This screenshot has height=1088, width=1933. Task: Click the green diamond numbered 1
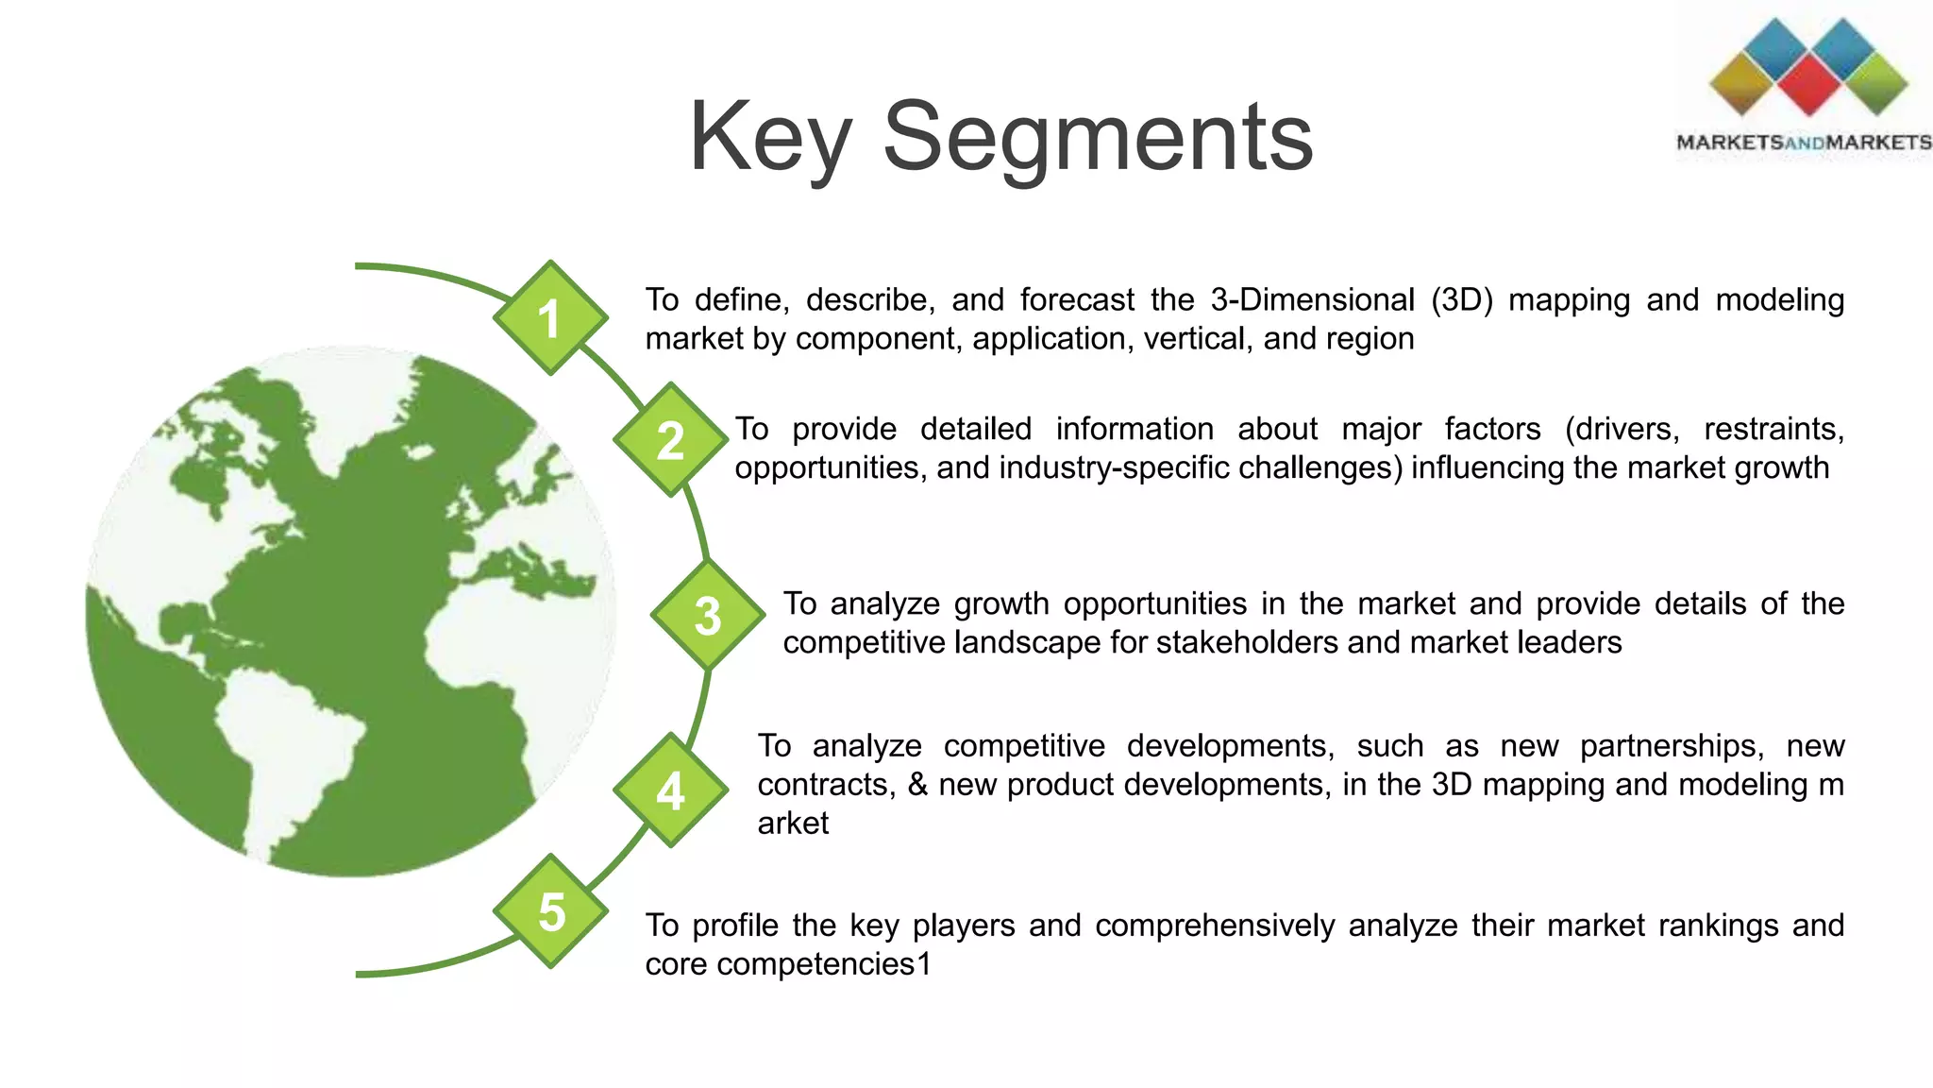[x=550, y=318]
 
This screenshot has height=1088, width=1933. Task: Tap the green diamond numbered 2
[x=670, y=440]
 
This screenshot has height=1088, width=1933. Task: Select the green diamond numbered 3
[x=708, y=615]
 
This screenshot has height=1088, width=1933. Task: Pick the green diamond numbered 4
[x=670, y=790]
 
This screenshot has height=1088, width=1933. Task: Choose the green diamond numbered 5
[x=550, y=911]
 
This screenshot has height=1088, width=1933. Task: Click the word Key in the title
[x=770, y=138]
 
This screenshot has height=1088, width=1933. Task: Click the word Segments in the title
[x=1097, y=138]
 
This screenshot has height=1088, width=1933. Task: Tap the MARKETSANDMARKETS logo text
[x=1804, y=143]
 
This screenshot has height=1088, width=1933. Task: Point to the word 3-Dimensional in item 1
[x=1312, y=299]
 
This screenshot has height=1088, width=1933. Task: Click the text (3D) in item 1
[x=1461, y=299]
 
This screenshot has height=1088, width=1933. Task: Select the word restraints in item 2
[x=1773, y=429]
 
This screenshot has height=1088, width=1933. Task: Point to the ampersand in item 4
[x=917, y=785]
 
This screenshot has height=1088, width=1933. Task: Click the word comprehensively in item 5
[x=1215, y=926]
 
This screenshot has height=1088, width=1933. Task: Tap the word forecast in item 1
[x=1077, y=299]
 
